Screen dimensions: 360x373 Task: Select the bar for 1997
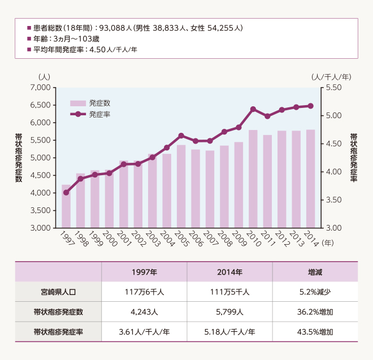(66, 206)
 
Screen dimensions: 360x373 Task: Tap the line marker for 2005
(181, 136)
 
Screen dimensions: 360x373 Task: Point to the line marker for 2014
(310, 106)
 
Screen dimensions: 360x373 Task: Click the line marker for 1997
(66, 193)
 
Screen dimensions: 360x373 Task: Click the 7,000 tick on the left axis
(41, 88)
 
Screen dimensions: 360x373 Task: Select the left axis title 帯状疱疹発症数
(19, 158)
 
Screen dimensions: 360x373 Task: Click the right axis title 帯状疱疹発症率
(354, 158)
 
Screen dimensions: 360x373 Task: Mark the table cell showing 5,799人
(229, 311)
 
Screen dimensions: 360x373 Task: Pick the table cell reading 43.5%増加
(315, 332)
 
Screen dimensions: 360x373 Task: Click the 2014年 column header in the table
(229, 272)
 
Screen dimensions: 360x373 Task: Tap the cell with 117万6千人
(144, 292)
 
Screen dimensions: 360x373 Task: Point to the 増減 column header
(315, 272)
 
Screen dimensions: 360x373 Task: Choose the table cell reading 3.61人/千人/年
(144, 332)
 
